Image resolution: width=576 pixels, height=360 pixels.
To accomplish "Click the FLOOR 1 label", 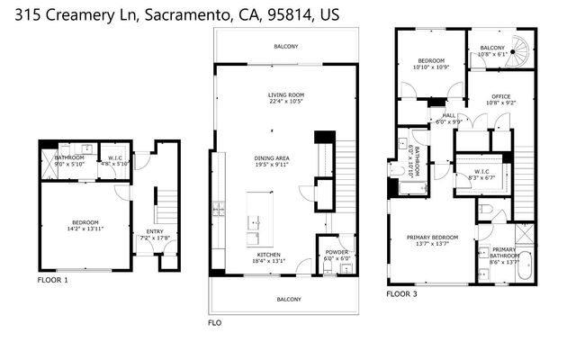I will pyautogui.click(x=52, y=280).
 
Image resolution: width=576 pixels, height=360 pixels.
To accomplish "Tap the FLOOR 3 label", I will pyautogui.click(x=401, y=293).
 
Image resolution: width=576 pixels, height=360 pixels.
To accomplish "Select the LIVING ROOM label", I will pyautogui.click(x=285, y=94).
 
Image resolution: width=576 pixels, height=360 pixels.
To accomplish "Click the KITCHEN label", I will pyautogui.click(x=269, y=255).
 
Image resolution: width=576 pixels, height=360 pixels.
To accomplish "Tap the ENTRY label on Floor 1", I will pyautogui.click(x=143, y=231).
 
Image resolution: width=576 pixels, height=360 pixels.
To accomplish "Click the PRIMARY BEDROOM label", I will pyautogui.click(x=432, y=237).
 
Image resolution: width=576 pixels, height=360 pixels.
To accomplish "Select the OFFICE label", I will pyautogui.click(x=500, y=95).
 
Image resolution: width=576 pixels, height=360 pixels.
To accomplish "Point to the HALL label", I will pyautogui.click(x=448, y=115).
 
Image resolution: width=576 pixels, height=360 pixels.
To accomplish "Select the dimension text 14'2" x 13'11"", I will pyautogui.click(x=85, y=229).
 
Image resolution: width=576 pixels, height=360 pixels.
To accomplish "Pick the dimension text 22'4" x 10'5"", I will pyautogui.click(x=285, y=102).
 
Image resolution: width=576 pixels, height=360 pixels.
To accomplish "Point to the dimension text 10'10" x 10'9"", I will pyautogui.click(x=431, y=67).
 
